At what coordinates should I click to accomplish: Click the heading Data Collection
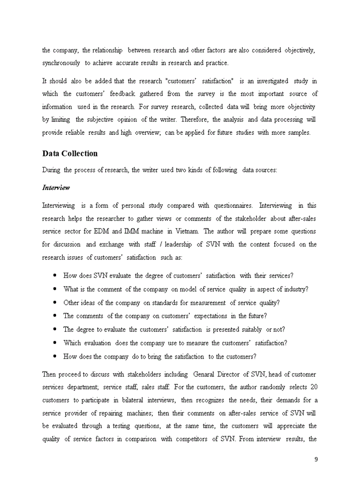70,153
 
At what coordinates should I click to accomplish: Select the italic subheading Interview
56,188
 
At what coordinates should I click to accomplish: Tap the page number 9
316,460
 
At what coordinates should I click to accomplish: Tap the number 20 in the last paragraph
314,387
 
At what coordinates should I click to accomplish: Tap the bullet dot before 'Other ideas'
55,303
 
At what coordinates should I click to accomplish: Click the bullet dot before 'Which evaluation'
55,343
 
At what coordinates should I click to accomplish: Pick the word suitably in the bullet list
248,329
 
